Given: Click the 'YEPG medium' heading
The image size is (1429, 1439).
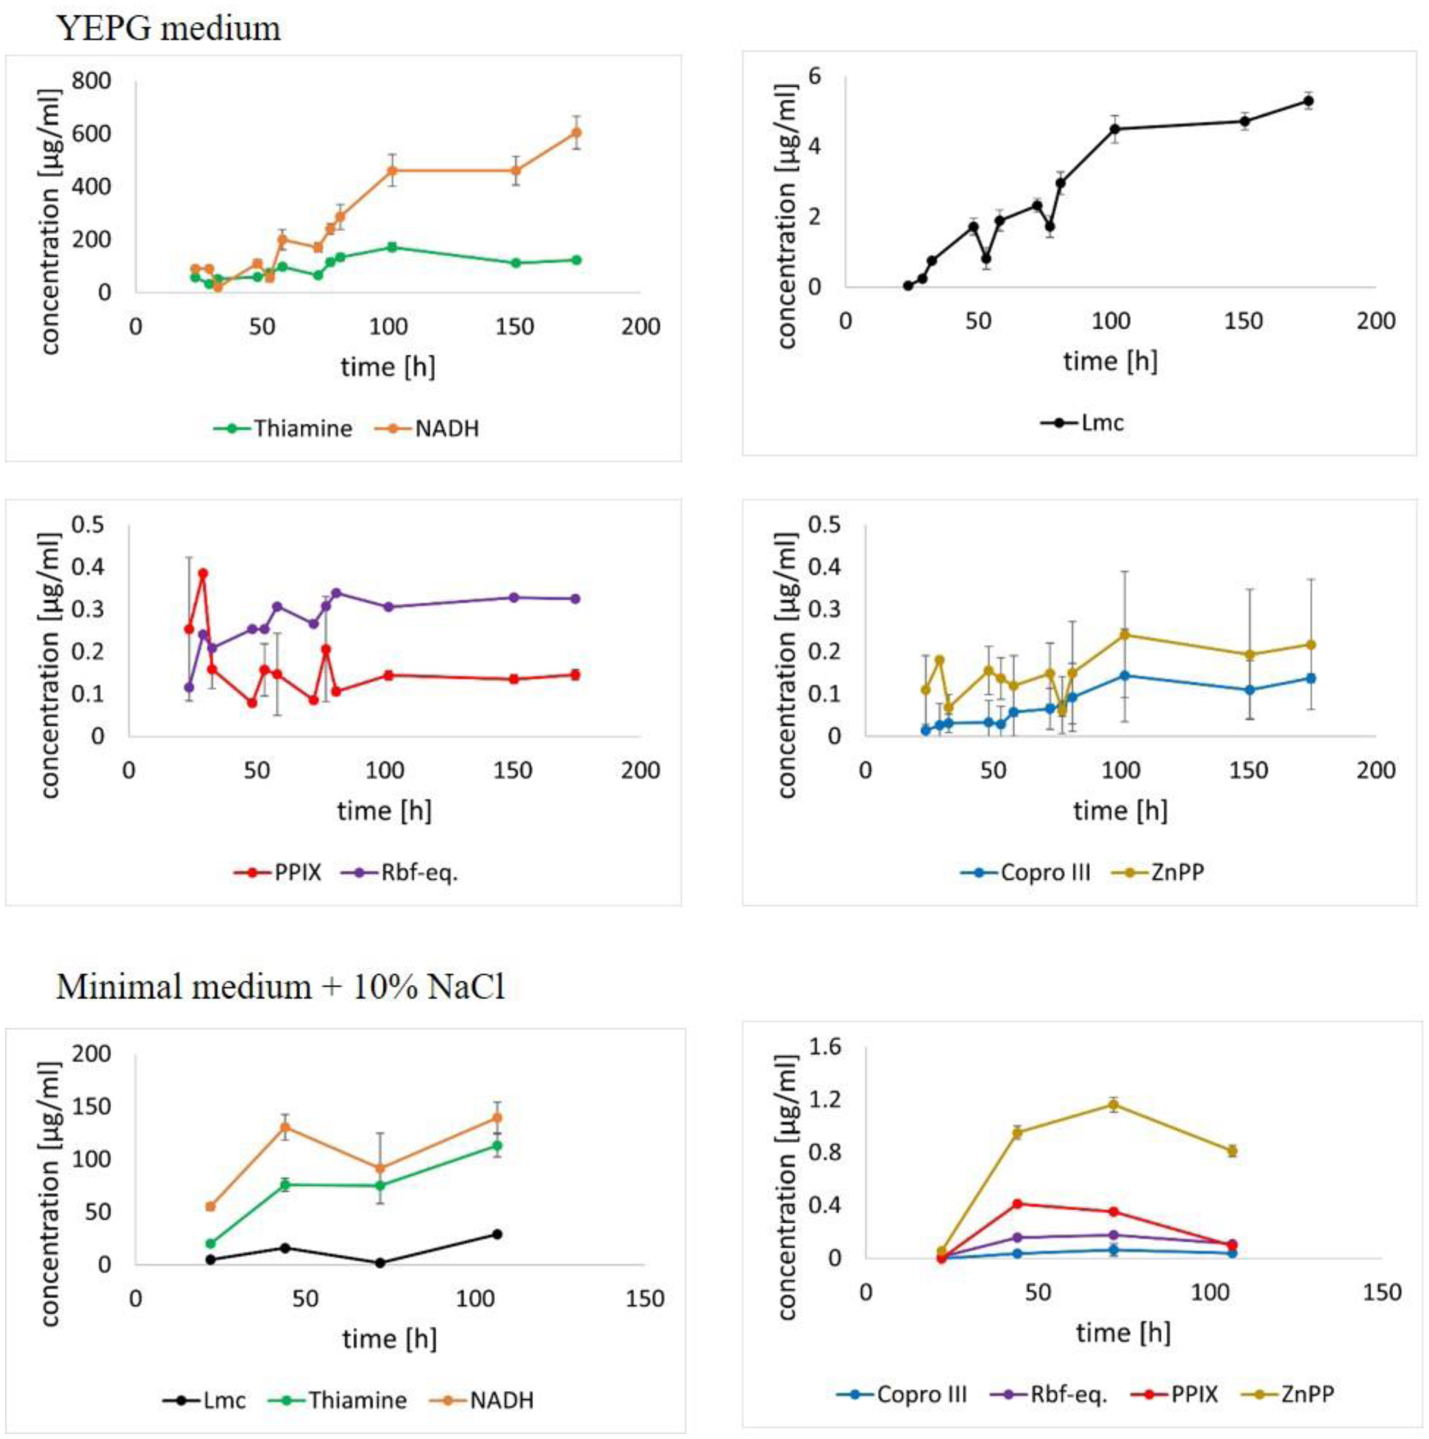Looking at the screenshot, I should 169,28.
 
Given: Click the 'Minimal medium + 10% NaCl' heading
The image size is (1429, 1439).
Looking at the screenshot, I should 281,986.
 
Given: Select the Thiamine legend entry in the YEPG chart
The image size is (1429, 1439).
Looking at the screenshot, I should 302,429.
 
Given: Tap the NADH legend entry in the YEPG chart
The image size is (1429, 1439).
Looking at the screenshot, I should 447,429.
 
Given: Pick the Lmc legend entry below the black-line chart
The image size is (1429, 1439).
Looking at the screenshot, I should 1102,423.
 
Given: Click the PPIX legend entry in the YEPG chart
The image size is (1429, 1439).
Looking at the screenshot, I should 297,873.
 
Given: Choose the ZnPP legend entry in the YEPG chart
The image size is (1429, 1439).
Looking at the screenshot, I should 1177,873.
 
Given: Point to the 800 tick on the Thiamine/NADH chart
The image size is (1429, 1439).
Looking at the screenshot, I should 91,80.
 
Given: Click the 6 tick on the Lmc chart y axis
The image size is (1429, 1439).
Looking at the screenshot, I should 815,77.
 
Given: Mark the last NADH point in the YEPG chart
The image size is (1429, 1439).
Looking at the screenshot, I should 576,132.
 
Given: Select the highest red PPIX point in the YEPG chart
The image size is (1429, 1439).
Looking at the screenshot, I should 202,574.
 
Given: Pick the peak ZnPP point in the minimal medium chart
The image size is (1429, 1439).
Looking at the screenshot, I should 1113,1104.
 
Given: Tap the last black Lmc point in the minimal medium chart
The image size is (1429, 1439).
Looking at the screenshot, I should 496,1234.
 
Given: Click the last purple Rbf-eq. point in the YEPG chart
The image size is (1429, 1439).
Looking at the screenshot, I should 575,599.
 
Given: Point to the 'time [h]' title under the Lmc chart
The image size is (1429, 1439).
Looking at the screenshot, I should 1111,361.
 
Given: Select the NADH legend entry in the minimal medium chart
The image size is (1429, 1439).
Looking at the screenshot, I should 501,1400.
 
